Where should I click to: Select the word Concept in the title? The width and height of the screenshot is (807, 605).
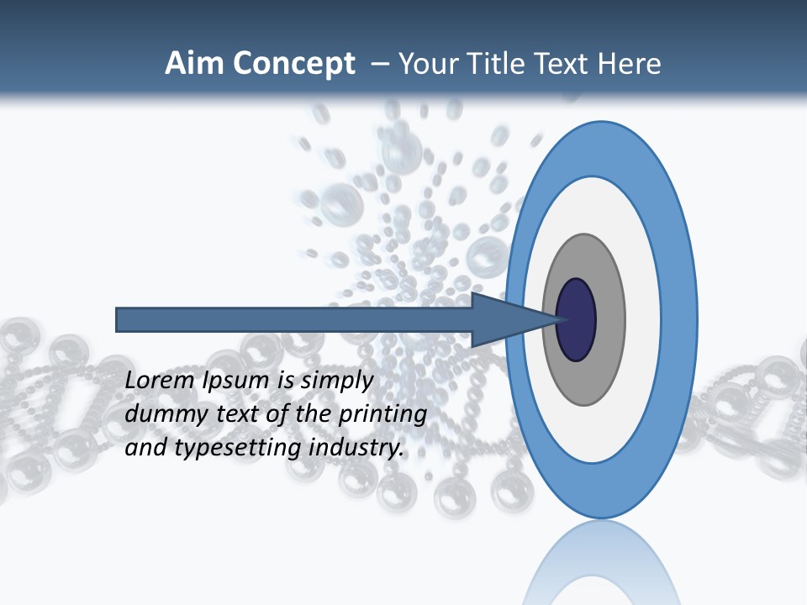tap(294, 64)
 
